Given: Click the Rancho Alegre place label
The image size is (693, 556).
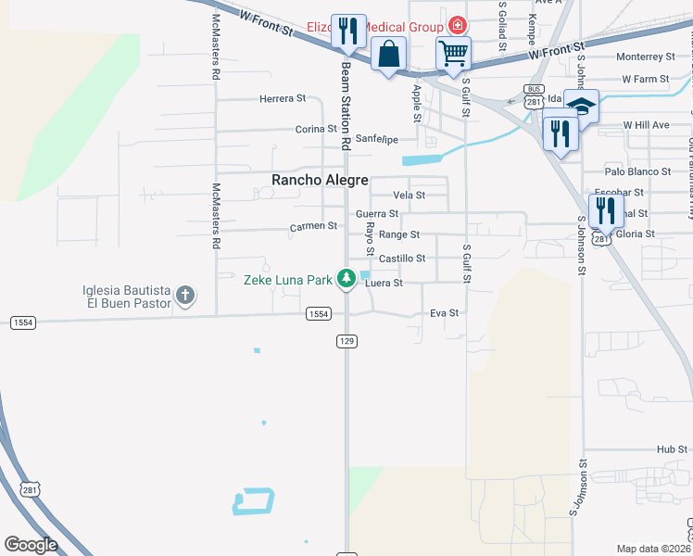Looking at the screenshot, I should coord(320,181).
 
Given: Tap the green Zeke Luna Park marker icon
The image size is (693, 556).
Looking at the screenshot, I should coord(346,278).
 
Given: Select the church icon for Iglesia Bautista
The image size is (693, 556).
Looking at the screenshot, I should coord(185,296).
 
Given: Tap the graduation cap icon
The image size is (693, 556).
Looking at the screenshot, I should coord(581,105).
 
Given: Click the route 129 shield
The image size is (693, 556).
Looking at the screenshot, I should coord(346,342).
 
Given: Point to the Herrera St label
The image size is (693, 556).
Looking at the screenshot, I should coord(283,98).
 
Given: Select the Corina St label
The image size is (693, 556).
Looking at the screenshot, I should coord(316,129).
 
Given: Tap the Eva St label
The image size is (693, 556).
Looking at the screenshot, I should coord(445,313).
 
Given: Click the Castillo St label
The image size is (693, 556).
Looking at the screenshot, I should coord(402,259).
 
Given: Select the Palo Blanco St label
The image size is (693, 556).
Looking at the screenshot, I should coord(637,171).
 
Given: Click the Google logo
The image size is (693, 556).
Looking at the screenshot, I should coord(31,545).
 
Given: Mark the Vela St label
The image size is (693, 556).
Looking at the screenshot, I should coord(409,196).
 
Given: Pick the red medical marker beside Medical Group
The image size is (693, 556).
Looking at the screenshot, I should coord(457,26).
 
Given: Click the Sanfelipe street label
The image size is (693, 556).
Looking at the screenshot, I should coord(377,139).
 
